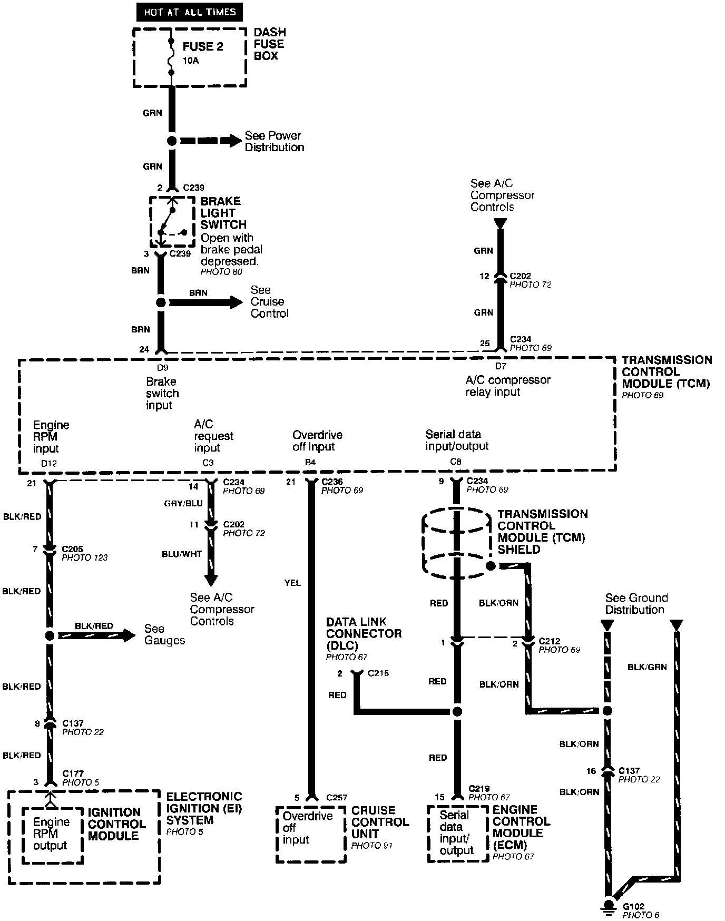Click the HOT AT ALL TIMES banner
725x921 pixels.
click(189, 12)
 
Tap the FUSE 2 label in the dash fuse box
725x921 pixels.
click(203, 47)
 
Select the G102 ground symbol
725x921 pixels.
click(609, 907)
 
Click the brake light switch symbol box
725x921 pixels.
click(172, 222)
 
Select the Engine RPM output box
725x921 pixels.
click(51, 834)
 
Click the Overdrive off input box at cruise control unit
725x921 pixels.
click(310, 833)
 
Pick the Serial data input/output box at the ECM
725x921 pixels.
click(457, 832)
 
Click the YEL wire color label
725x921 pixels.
click(292, 583)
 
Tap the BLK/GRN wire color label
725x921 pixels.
click(647, 667)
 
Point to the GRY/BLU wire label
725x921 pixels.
click(183, 503)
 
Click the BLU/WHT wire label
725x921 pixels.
click(182, 554)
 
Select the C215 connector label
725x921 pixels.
click(378, 673)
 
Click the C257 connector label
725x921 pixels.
click(338, 797)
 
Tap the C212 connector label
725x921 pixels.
click(549, 641)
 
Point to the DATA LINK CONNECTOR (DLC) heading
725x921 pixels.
click(364, 633)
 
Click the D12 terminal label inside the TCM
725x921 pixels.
click(48, 463)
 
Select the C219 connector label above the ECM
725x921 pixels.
click(479, 788)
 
